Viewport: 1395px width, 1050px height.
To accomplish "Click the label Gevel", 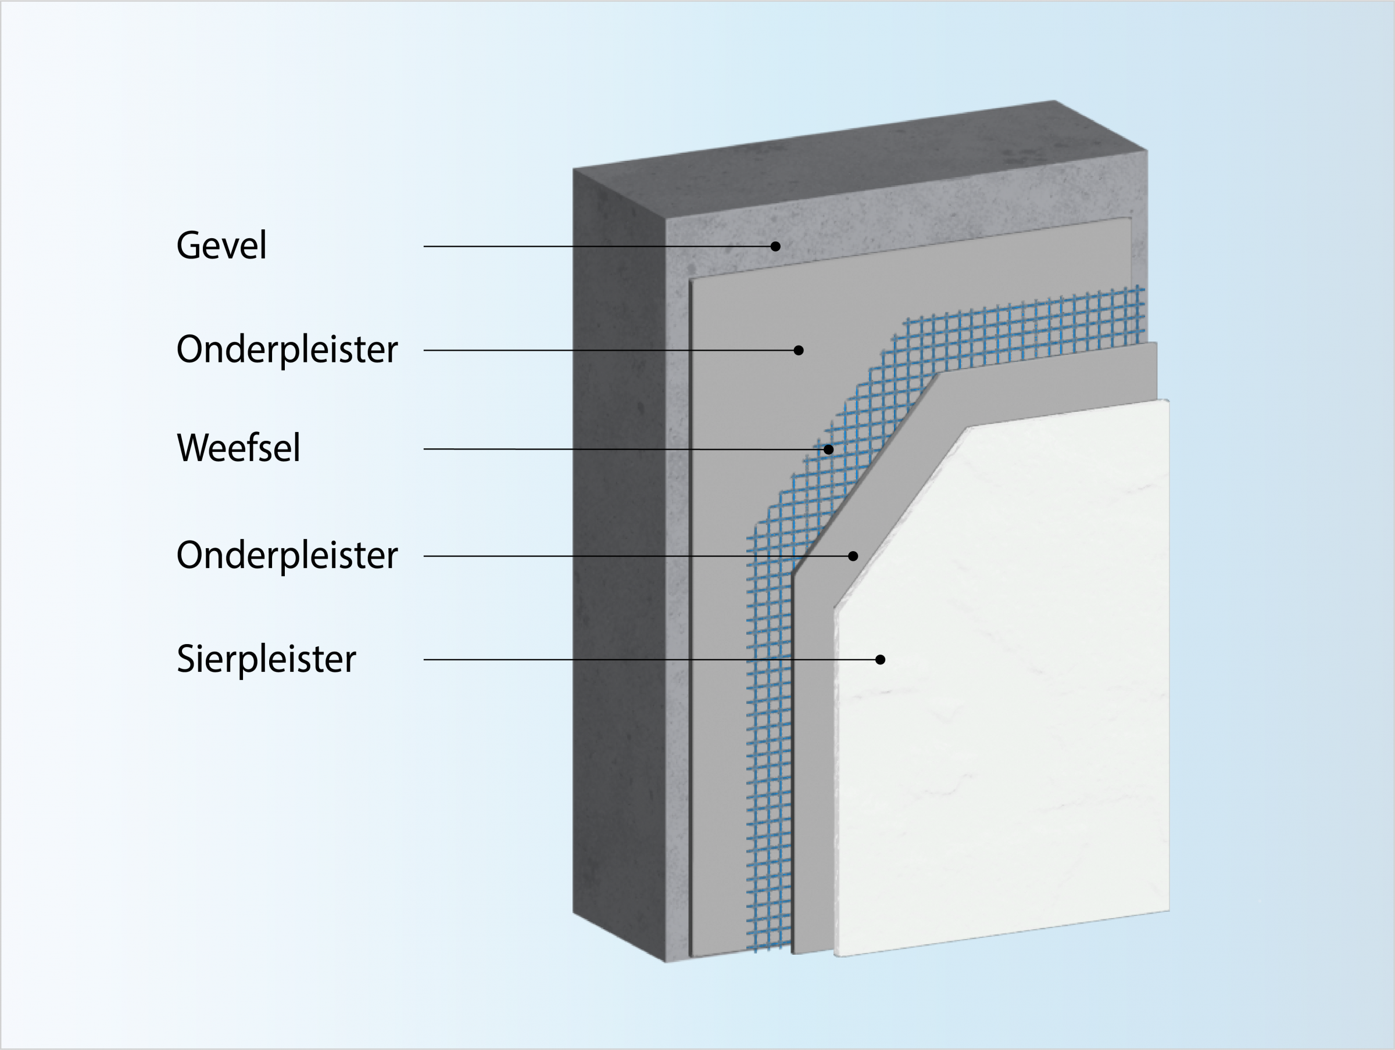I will tap(221, 245).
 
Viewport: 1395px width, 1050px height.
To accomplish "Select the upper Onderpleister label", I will tap(287, 349).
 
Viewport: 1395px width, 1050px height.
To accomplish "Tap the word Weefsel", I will tap(238, 448).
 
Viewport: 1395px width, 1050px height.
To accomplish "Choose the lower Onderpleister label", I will tap(287, 555).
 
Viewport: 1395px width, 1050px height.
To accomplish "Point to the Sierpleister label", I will tap(266, 659).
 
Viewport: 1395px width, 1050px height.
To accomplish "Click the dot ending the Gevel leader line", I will tap(776, 246).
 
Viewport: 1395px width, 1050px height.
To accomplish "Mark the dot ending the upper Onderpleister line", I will tap(799, 350).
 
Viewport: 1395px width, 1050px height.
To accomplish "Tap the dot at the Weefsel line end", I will tap(829, 450).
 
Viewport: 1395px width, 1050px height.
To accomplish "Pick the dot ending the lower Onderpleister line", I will tap(853, 556).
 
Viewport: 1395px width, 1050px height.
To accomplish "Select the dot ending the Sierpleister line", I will tap(881, 660).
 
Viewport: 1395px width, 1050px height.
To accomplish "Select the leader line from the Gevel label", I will tap(567, 246).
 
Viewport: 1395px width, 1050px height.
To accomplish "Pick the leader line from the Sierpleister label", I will tap(567, 660).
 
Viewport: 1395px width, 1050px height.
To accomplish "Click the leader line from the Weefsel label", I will tap(567, 449).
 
